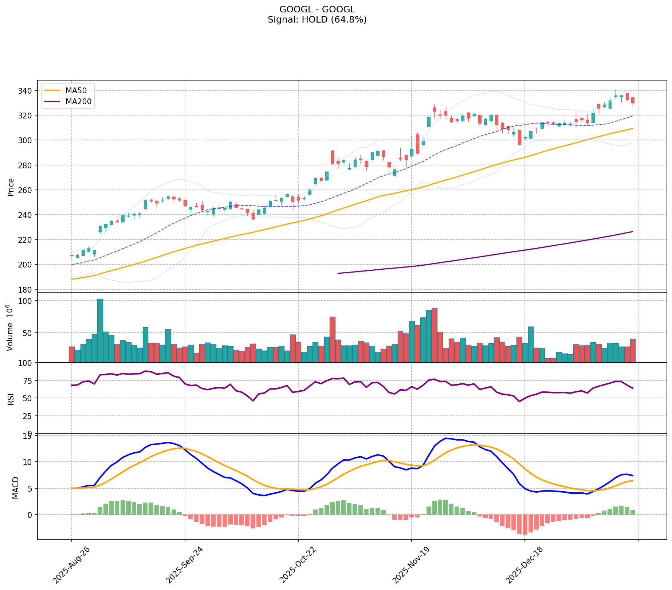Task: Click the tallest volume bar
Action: tap(100, 330)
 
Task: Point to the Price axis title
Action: tap(11, 187)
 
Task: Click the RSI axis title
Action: tap(11, 398)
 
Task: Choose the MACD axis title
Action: tap(15, 487)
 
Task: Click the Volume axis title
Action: tap(10, 328)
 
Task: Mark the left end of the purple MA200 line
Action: tap(338, 273)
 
